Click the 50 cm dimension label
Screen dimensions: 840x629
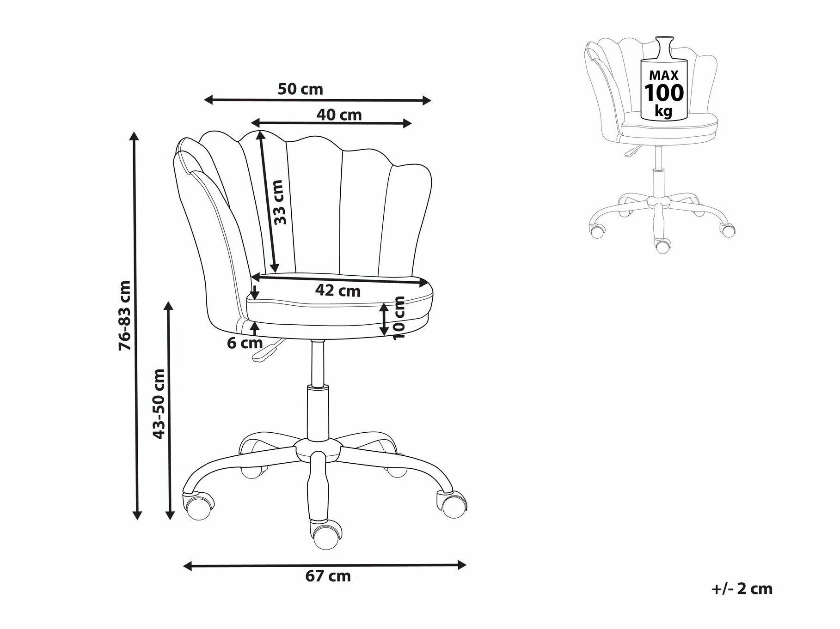pos(300,89)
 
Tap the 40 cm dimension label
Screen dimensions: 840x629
pos(339,115)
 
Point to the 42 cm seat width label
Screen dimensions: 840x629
pos(337,290)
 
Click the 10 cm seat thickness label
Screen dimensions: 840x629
pos(398,318)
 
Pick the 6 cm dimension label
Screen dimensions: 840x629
pos(245,343)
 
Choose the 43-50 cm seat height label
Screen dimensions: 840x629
pos(159,404)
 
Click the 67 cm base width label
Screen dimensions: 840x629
pos(328,576)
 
